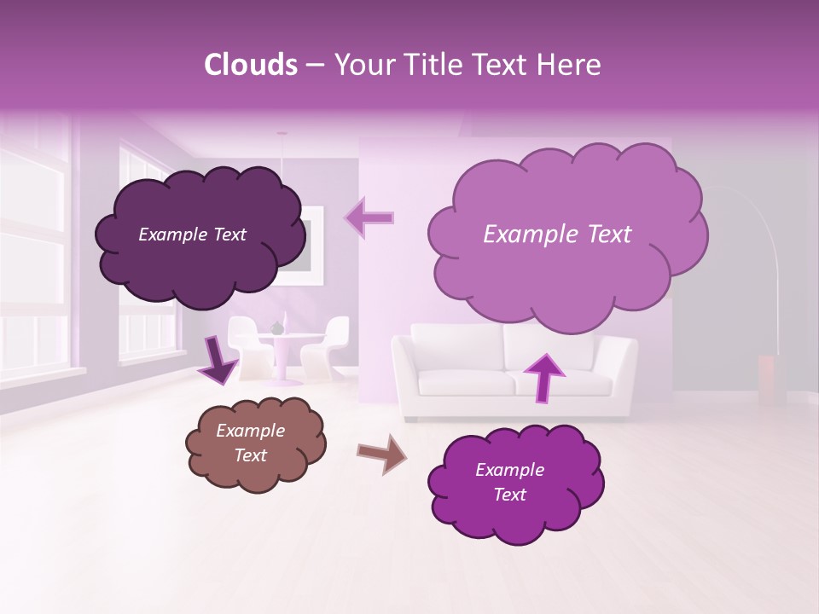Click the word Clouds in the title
pyautogui.click(x=251, y=65)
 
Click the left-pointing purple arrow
pyautogui.click(x=369, y=217)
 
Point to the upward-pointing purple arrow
pyautogui.click(x=543, y=376)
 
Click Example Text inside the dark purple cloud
pyautogui.click(x=192, y=235)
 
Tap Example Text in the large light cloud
pyautogui.click(x=557, y=235)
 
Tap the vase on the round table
pyautogui.click(x=276, y=327)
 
